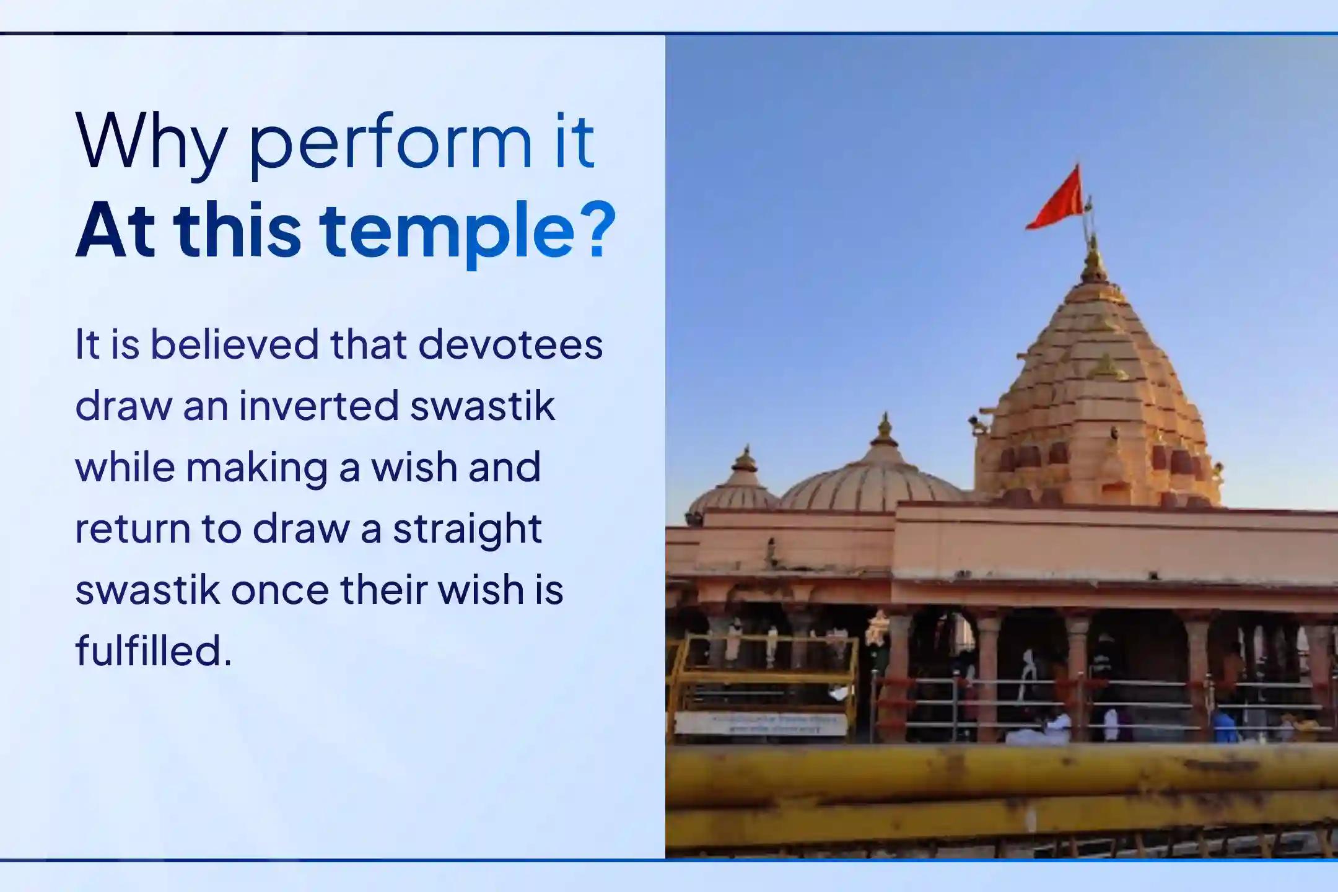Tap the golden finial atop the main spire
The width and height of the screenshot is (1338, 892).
click(x=1095, y=260)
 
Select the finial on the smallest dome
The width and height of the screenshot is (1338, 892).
click(x=745, y=459)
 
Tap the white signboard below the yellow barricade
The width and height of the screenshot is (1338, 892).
click(x=761, y=723)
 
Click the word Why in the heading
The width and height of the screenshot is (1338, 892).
click(x=149, y=142)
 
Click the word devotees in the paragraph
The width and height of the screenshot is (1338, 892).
click(x=510, y=344)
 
